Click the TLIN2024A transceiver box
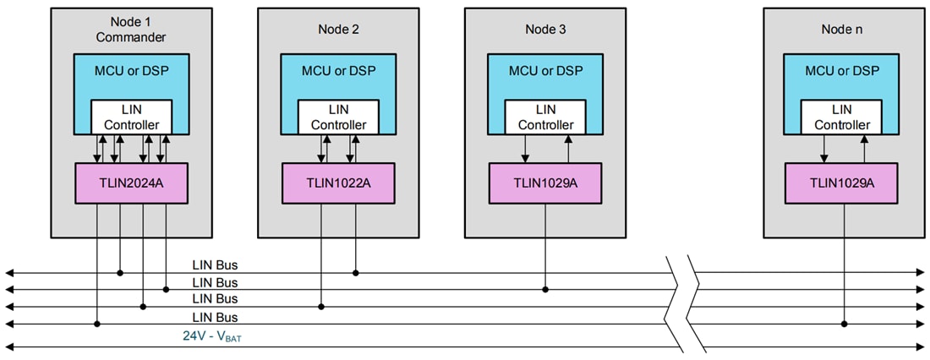point(131,183)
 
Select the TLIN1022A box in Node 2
point(338,183)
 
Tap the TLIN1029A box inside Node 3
point(545,183)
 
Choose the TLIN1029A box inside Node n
point(842,183)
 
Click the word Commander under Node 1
point(131,37)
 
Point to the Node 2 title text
point(338,30)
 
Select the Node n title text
point(842,30)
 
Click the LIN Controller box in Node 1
point(131,117)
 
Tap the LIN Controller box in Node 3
point(545,117)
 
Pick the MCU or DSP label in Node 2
point(338,70)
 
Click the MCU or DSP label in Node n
point(842,70)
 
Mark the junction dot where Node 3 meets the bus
point(545,290)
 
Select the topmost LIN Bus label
point(215,265)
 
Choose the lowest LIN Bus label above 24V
point(215,317)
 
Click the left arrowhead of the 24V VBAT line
point(8,346)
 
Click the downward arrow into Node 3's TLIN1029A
point(525,157)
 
